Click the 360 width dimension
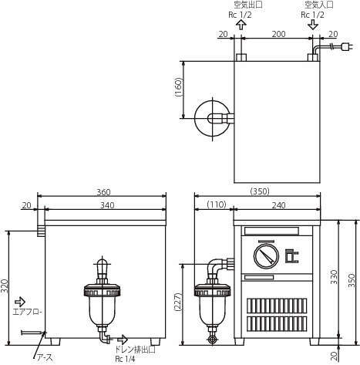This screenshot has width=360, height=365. click(x=103, y=192)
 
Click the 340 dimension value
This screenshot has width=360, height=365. click(x=107, y=205)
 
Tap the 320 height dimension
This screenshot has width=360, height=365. click(x=5, y=286)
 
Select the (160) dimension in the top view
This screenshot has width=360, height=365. click(x=178, y=87)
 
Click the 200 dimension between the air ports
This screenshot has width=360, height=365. click(x=278, y=34)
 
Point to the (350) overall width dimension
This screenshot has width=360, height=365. click(x=260, y=191)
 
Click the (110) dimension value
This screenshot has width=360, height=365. click(x=217, y=204)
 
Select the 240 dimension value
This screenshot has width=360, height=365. click(x=278, y=205)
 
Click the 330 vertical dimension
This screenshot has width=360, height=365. click(x=334, y=277)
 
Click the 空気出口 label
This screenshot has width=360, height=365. click(x=248, y=5)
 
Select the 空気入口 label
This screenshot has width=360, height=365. click(x=319, y=5)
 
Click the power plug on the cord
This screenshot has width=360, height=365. click(x=347, y=47)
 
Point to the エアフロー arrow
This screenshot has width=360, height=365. click(x=20, y=301)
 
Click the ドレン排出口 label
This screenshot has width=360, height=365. click(x=135, y=350)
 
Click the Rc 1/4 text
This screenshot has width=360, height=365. click(x=125, y=359)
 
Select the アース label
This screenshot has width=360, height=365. click(x=45, y=357)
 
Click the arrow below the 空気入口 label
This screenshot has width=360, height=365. click(x=313, y=25)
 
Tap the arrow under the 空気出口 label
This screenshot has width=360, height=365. click(x=241, y=25)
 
